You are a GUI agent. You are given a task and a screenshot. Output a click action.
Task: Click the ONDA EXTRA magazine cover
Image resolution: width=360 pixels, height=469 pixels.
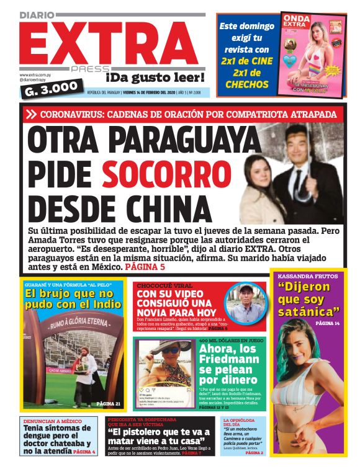pyautogui.click(x=311, y=54)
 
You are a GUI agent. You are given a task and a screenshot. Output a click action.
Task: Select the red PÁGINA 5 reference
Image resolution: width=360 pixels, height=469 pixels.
pyautogui.click(x=145, y=266)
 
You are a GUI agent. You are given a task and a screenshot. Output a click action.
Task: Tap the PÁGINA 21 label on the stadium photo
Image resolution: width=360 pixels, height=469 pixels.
pyautogui.click(x=109, y=404)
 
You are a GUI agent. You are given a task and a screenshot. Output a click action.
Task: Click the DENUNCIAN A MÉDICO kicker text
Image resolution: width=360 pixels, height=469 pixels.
pyautogui.click(x=51, y=421)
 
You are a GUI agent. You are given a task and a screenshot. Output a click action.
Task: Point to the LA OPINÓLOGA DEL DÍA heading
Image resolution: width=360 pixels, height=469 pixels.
pyautogui.click(x=238, y=422)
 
